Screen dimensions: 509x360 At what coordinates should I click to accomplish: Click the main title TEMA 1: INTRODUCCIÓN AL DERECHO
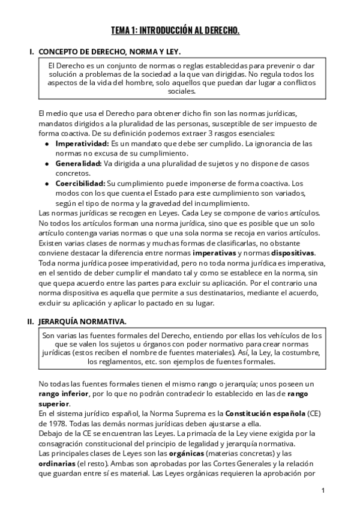click(x=175, y=31)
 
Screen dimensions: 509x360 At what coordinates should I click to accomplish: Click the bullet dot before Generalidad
click(x=47, y=163)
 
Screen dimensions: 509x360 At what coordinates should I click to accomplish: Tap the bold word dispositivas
click(x=292, y=252)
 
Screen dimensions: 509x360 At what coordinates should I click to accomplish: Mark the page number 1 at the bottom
click(x=323, y=490)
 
